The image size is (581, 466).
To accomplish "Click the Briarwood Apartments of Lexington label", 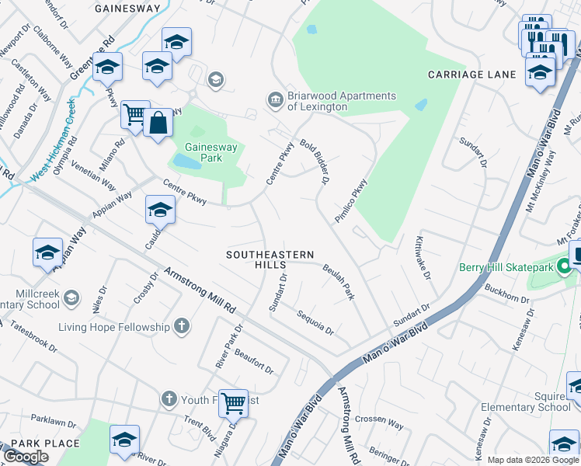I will coord(342,101).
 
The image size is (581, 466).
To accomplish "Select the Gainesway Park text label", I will coord(204,152).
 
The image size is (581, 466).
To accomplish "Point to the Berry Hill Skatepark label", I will coord(507,267).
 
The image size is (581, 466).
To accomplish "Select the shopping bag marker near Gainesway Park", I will coord(158,123).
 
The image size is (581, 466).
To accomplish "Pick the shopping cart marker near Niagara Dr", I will coord(233,403).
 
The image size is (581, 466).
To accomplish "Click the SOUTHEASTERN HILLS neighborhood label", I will coord(270,259).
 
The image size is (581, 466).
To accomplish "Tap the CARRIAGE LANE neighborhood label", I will coord(471,75).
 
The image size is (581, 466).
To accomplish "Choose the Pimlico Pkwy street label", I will coord(350,201).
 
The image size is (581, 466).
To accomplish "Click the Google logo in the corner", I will coord(26,457).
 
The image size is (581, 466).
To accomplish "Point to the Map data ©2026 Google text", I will coord(533,460).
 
